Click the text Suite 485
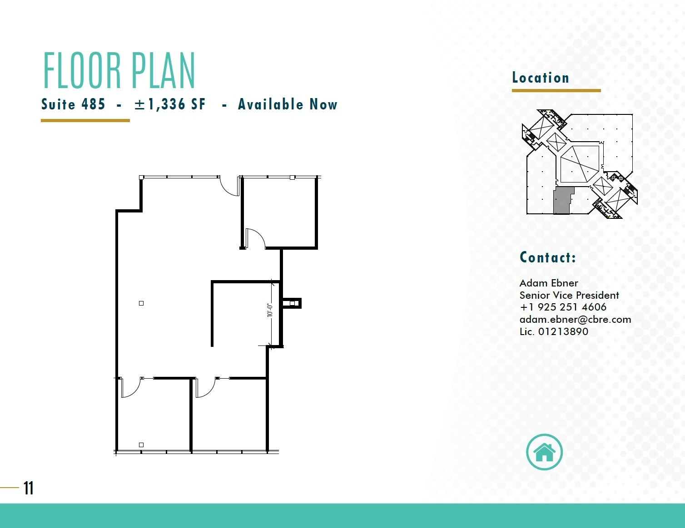point(73,104)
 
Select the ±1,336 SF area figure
point(170,104)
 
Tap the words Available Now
point(288,104)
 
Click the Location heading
point(541,78)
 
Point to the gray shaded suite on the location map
point(562,200)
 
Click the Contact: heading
point(548,257)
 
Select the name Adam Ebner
point(549,283)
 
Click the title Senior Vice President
point(569,295)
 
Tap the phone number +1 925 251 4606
point(563,307)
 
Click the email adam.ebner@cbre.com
point(575,319)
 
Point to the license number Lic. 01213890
point(554,331)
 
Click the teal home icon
point(544,452)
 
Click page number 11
point(29,488)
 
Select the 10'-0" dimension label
point(269,310)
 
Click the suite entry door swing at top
point(229,187)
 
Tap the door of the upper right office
point(255,238)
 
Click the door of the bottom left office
point(131,387)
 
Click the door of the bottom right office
point(205,387)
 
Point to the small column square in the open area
point(141,303)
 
